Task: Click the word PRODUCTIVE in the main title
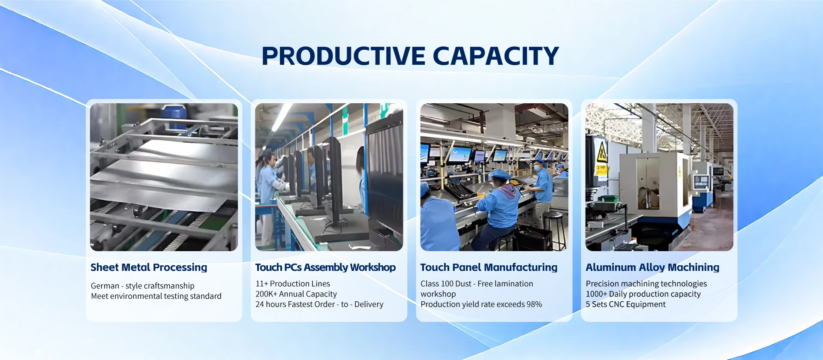pos(343,56)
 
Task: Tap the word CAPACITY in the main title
pos(496,56)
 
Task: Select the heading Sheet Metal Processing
pos(149,267)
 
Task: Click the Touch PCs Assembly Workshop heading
pos(325,267)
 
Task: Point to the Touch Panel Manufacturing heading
pos(489,267)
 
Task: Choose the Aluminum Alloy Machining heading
pos(652,267)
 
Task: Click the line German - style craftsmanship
pos(143,286)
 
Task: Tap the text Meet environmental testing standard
pos(156,296)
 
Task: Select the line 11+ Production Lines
pos(293,284)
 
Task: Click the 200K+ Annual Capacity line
pos(296,294)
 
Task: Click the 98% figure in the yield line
pos(534,304)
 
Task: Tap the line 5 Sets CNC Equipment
pos(626,304)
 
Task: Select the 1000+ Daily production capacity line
pos(643,294)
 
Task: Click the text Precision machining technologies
pos(646,284)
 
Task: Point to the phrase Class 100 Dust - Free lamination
pos(477,284)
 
